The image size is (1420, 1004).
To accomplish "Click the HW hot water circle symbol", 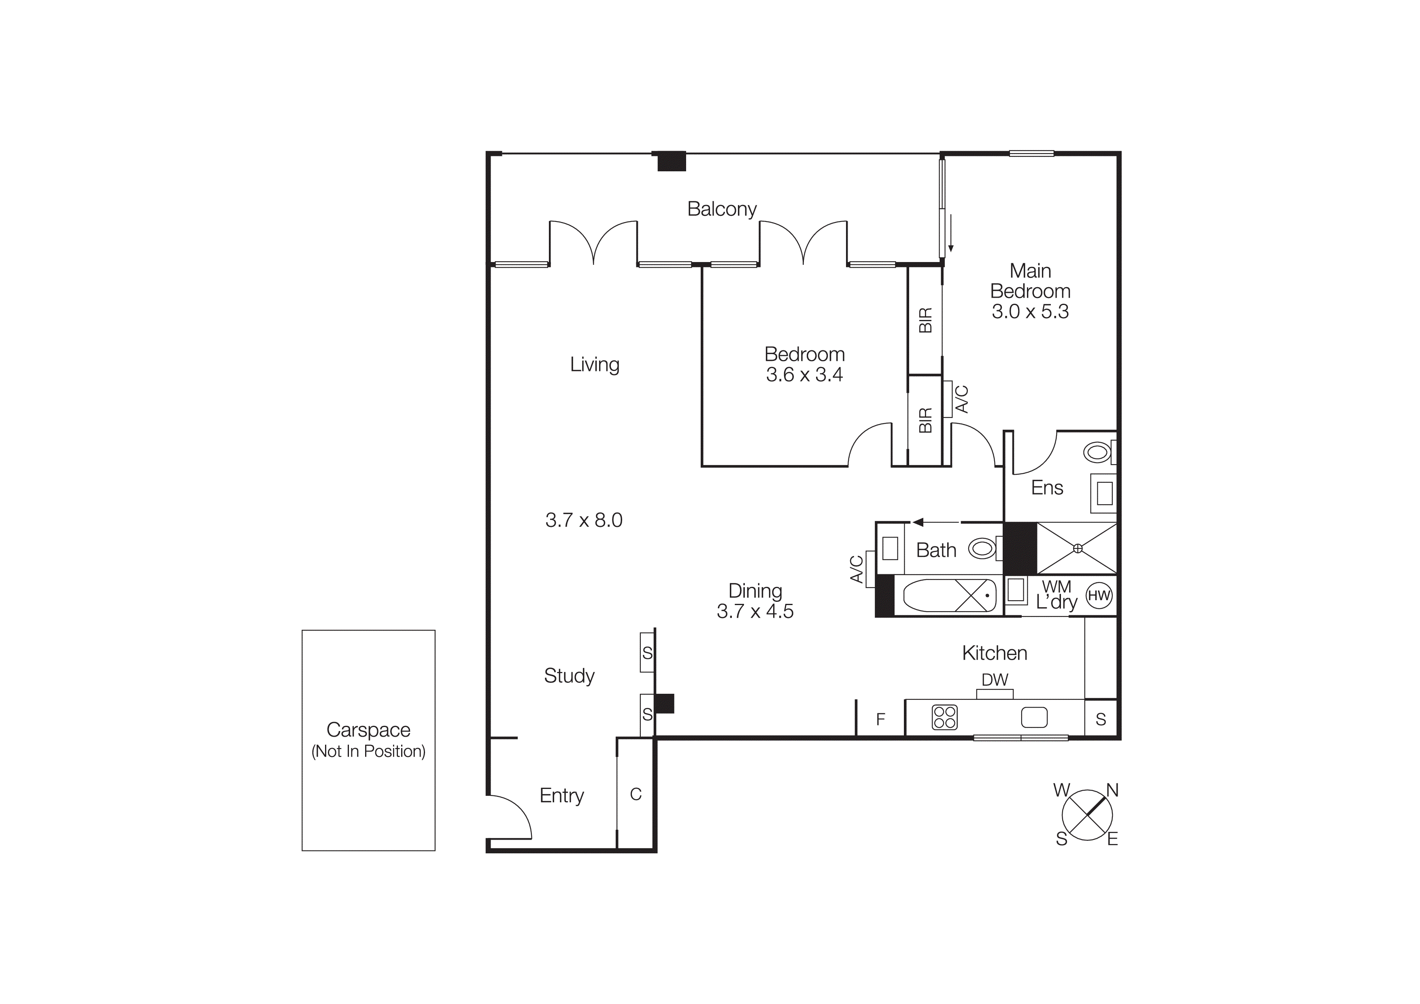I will click(x=1099, y=596).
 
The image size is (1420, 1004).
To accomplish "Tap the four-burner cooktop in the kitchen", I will click(x=944, y=718).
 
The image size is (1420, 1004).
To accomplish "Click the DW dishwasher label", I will click(x=995, y=680).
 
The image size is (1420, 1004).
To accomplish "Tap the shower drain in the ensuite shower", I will click(x=1078, y=548).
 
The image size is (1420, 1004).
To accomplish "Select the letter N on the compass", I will click(x=1112, y=791).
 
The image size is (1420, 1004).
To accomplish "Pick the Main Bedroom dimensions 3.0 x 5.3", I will click(x=1030, y=312).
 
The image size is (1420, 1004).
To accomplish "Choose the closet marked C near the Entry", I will click(x=635, y=794).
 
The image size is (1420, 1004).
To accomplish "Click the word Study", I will click(x=569, y=676).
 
